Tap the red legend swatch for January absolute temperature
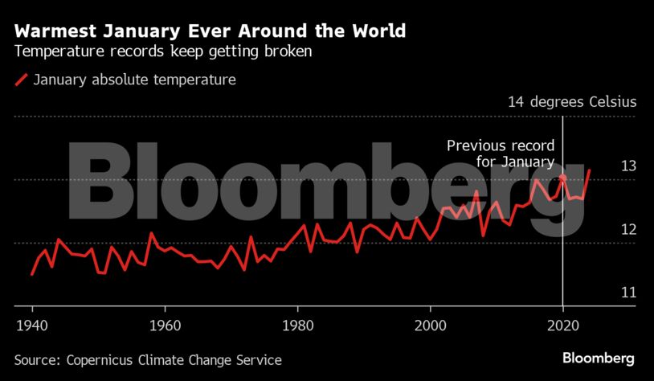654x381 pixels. [22, 80]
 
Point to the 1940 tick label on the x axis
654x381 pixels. [31, 328]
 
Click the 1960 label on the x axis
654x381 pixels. [165, 328]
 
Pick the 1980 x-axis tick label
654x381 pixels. [297, 328]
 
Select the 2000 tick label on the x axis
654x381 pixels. [431, 328]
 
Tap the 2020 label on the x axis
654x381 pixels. [563, 328]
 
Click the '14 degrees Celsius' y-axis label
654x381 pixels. [571, 102]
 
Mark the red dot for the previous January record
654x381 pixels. [563, 178]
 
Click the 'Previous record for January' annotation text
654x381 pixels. [501, 154]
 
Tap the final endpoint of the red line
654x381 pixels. [590, 170]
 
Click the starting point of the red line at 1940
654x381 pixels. [32, 274]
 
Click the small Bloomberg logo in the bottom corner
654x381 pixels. [599, 358]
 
